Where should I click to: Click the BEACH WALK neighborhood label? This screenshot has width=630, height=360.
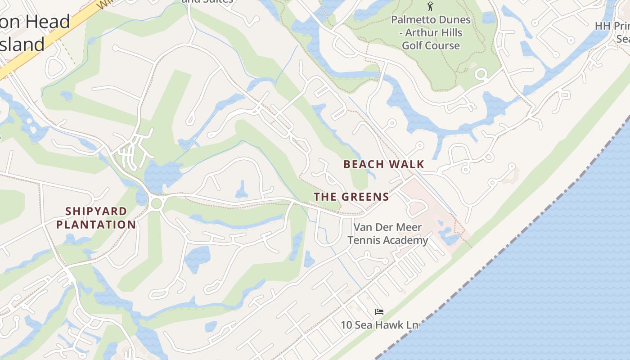tap(383, 164)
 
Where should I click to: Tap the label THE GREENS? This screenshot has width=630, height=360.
tap(351, 197)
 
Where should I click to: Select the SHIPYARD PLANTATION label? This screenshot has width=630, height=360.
tap(96, 218)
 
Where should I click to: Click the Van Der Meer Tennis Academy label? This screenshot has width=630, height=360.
tap(387, 234)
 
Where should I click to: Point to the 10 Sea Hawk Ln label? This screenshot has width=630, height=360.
tap(379, 325)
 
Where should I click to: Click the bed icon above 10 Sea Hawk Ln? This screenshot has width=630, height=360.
tap(379, 311)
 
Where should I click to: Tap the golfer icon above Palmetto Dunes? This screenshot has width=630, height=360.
tap(430, 6)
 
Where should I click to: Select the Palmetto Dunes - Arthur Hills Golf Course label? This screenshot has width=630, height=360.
tap(431, 33)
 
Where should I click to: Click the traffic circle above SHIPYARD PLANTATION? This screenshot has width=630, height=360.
tap(156, 203)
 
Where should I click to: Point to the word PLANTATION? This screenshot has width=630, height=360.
tap(96, 225)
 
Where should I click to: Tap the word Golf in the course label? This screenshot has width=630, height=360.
tap(412, 45)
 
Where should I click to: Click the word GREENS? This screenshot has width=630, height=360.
tap(365, 197)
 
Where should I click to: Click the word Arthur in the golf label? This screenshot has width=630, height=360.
tap(445, 33)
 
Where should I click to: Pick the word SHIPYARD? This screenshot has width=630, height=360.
tap(96, 211)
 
